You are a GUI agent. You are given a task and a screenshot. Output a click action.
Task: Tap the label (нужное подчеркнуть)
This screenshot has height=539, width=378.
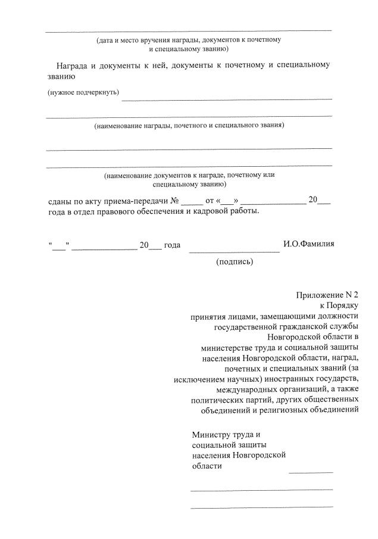83,93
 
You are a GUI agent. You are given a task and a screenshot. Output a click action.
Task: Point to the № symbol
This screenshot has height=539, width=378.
175,201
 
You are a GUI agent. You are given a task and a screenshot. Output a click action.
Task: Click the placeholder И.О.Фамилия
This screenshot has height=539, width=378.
309,244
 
